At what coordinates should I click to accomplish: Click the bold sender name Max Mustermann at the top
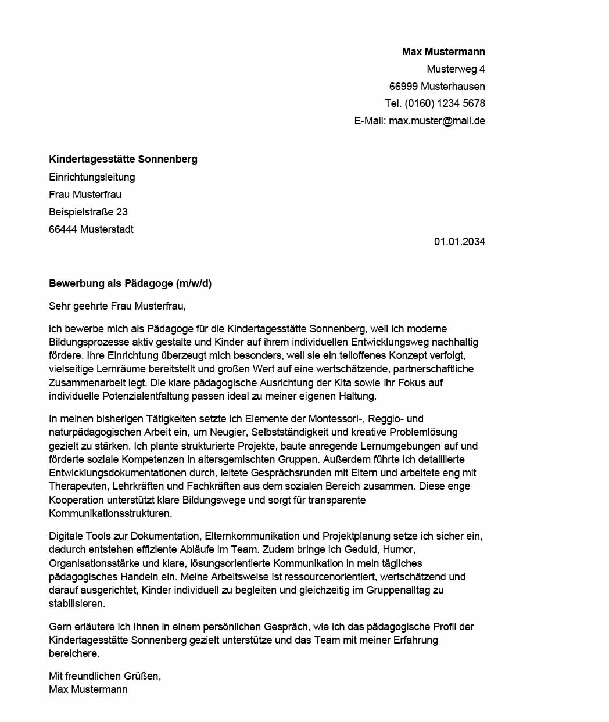click(x=443, y=52)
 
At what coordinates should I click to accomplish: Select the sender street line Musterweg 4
click(x=456, y=69)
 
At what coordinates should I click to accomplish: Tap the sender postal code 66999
click(x=403, y=87)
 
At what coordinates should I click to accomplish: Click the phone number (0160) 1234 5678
click(x=445, y=103)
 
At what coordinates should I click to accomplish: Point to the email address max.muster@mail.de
click(x=436, y=121)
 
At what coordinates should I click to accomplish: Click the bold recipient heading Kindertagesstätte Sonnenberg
click(x=123, y=159)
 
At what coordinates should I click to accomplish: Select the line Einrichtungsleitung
click(x=92, y=177)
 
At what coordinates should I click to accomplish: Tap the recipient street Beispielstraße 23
click(x=88, y=212)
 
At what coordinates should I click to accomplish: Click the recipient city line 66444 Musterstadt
click(x=91, y=229)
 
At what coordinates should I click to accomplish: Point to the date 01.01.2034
click(x=459, y=242)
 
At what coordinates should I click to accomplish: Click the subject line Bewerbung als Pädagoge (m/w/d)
click(x=130, y=283)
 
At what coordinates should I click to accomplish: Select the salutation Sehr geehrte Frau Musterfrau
click(x=117, y=306)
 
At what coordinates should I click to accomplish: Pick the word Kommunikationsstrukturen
click(x=110, y=513)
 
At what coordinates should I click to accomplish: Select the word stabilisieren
click(x=77, y=604)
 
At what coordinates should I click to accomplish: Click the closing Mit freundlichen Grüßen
click(x=105, y=676)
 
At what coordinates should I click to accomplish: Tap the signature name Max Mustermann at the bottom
click(x=88, y=689)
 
